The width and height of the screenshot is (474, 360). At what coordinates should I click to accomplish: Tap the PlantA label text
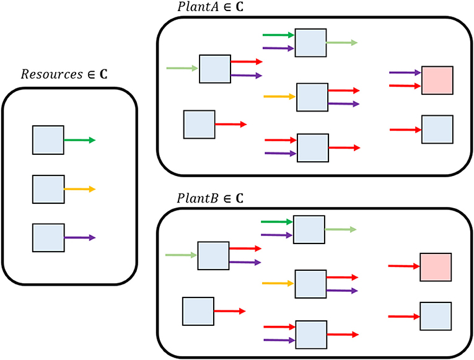click(x=196, y=7)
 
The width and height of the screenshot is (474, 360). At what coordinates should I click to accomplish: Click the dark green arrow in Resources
click(x=79, y=140)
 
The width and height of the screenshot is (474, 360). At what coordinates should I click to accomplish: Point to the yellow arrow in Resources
click(x=79, y=189)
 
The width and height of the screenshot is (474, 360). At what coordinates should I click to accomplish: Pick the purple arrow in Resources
click(x=79, y=237)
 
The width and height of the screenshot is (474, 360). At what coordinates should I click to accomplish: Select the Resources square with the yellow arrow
click(x=48, y=190)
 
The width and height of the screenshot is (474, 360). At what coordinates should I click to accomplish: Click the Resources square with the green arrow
click(x=48, y=140)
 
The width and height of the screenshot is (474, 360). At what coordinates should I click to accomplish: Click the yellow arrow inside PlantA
click(x=279, y=97)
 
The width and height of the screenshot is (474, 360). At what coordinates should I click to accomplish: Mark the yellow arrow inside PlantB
click(x=278, y=283)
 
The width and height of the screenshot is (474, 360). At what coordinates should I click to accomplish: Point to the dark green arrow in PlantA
click(x=278, y=35)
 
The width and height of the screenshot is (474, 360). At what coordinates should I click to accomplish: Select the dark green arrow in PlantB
click(x=276, y=221)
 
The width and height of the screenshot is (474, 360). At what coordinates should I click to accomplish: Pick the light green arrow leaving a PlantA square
click(x=341, y=43)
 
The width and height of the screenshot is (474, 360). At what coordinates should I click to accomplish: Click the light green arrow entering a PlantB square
click(x=181, y=255)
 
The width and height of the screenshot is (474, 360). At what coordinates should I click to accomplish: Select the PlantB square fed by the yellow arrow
click(x=310, y=284)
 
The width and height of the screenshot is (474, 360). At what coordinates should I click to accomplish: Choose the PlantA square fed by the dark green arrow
click(x=310, y=42)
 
